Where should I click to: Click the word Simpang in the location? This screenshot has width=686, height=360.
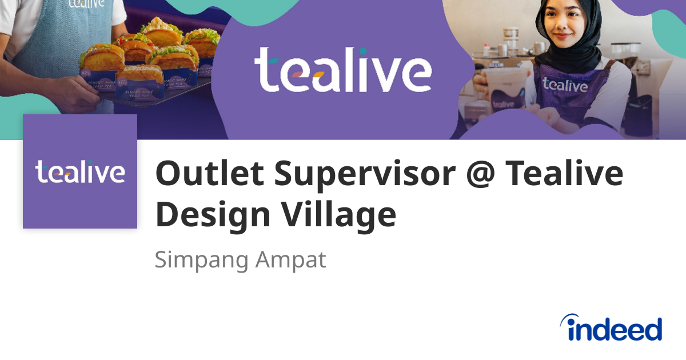pyautogui.click(x=201, y=260)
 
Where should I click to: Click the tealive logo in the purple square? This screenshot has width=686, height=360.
pyautogui.click(x=80, y=171)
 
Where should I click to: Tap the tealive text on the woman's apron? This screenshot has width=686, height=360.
pyautogui.click(x=564, y=85)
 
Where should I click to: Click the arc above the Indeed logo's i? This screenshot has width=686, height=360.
pyautogui.click(x=572, y=319)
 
